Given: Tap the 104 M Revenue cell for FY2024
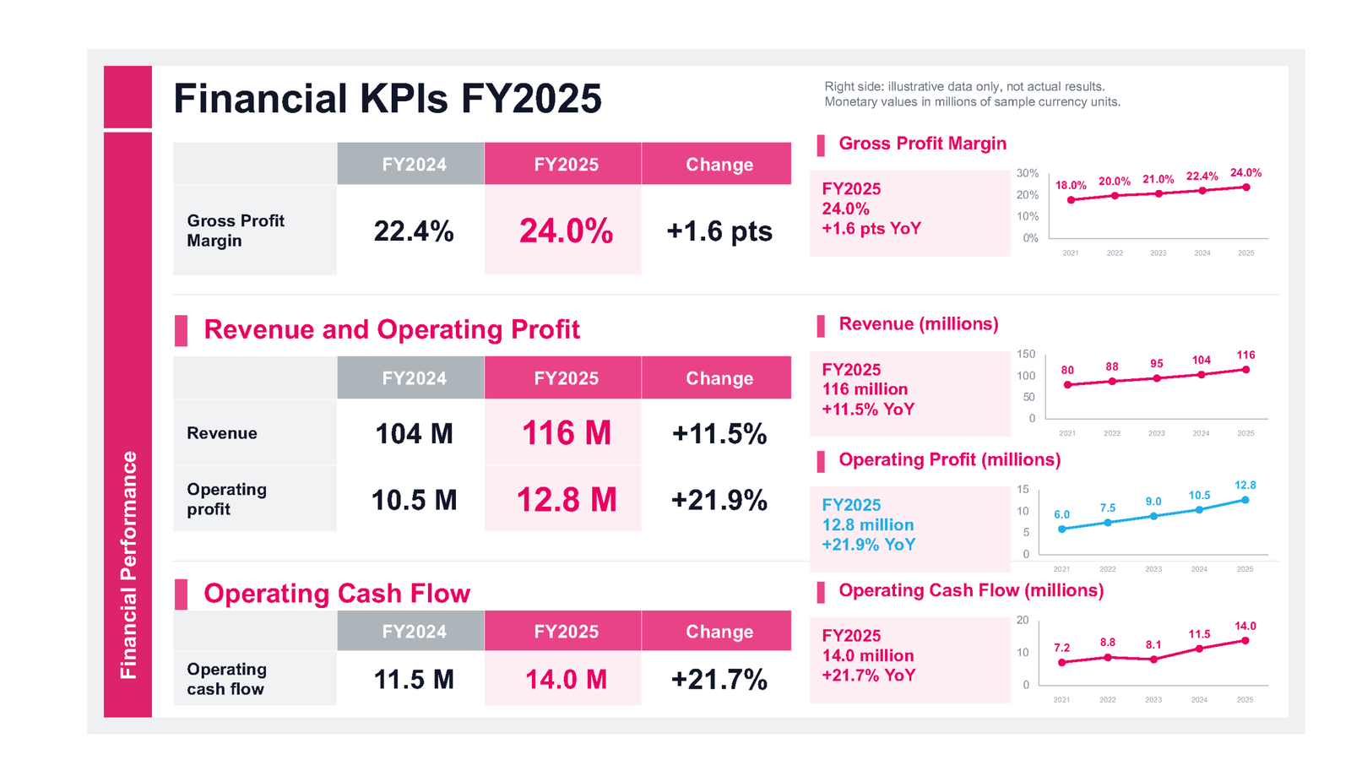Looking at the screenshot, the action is click(414, 434).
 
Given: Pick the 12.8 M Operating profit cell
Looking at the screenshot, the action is click(567, 500).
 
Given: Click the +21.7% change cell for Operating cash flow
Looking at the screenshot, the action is click(719, 680).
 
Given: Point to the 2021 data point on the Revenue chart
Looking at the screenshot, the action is click(1067, 385).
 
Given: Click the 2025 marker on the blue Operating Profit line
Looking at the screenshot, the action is click(1245, 500).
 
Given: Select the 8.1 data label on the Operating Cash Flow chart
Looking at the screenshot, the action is click(1153, 645).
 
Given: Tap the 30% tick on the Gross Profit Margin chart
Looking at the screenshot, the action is click(1027, 173).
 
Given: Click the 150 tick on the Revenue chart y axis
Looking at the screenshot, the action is click(1026, 354).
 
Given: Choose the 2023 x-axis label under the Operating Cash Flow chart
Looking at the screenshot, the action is click(1153, 700).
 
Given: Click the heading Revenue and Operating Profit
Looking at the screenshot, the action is click(392, 329).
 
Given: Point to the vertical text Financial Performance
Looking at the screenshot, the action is click(128, 565).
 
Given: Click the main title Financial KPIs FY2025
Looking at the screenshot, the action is click(388, 98).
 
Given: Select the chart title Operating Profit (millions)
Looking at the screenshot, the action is click(949, 459).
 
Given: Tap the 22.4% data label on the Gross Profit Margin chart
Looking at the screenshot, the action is click(1202, 176).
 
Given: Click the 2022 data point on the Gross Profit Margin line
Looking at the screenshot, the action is click(1115, 196).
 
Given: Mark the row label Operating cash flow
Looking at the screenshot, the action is click(227, 679).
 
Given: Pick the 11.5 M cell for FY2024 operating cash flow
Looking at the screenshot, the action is click(414, 680).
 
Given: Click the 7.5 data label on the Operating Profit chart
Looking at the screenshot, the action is click(1107, 508).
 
